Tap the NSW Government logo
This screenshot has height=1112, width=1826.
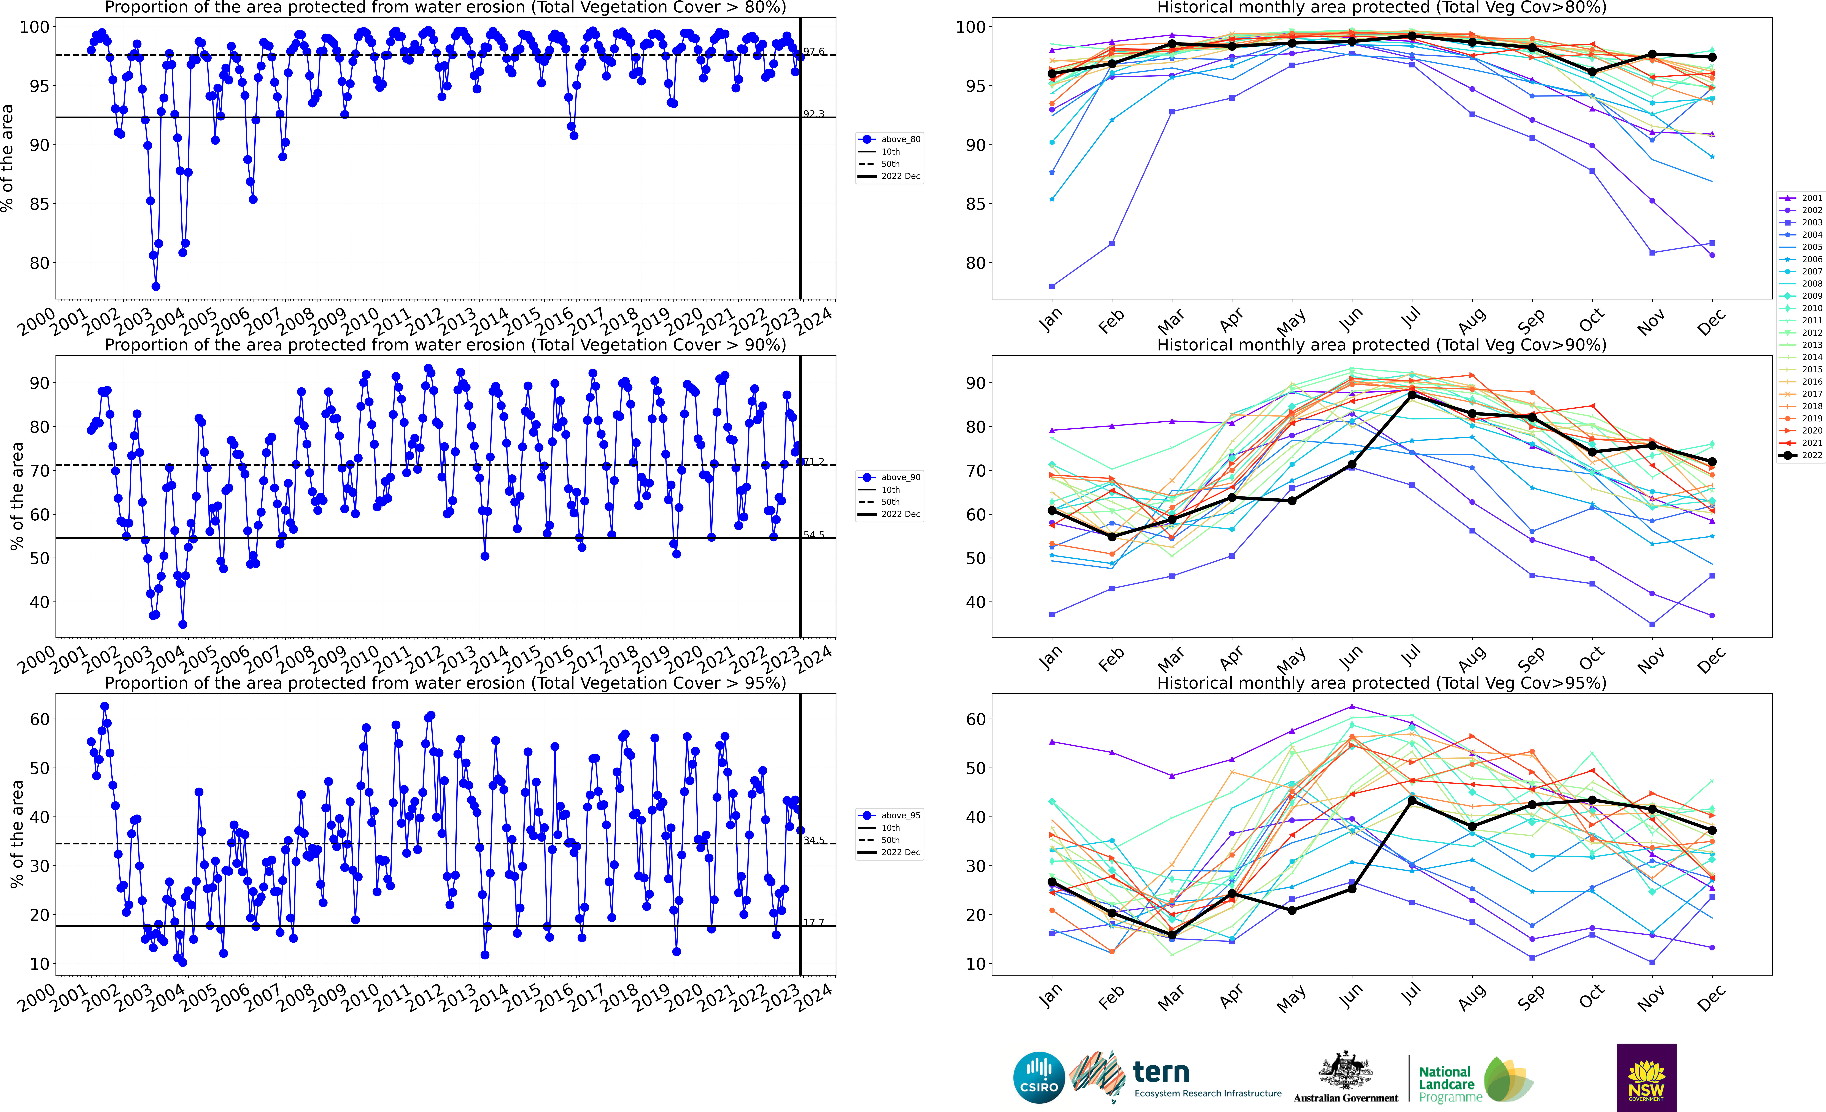[1646, 1077]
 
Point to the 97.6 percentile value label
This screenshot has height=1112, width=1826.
[814, 51]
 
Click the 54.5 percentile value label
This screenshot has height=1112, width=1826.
[814, 534]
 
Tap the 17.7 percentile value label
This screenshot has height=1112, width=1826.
[814, 922]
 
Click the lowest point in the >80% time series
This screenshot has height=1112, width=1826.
[156, 286]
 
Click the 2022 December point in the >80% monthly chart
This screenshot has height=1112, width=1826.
[1712, 57]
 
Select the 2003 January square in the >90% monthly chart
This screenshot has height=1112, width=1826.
[1052, 615]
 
